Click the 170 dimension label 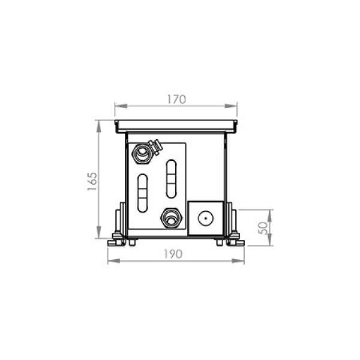(176, 100)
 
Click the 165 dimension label (92, 181)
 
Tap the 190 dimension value (173, 254)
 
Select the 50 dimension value (263, 228)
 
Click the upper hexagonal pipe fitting (142, 153)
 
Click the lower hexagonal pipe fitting (171, 218)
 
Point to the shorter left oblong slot (143, 193)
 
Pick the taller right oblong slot (171, 179)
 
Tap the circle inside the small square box (206, 218)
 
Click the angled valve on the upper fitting (155, 147)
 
